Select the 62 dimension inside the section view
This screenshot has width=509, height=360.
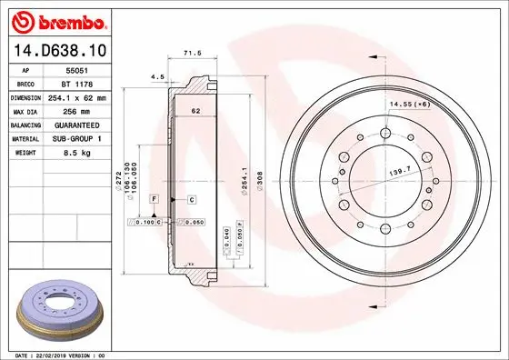point(195,110)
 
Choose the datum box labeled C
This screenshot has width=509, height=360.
point(192,197)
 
